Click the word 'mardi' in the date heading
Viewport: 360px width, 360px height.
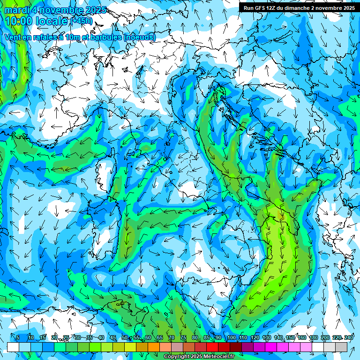pos(16,10)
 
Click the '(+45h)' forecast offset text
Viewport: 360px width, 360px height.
pos(82,21)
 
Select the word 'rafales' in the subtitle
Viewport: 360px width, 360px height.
pos(46,37)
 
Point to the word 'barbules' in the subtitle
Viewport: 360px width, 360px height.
pos(104,37)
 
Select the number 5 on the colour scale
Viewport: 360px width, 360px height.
pos(18,337)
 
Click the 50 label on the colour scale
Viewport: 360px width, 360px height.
pos(124,337)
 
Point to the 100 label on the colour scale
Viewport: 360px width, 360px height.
pos(231,337)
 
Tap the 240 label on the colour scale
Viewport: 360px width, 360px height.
pos(349,337)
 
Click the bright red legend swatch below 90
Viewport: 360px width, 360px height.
pos(212,347)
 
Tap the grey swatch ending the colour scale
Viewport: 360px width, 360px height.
pos(342,347)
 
